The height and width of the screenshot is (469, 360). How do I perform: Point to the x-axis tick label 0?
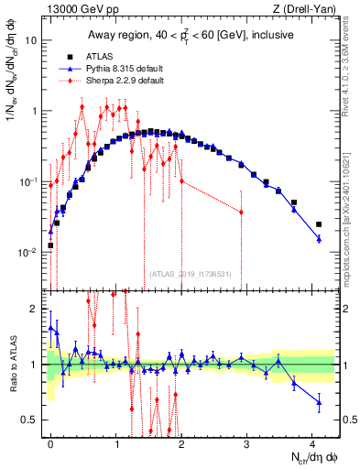(50, 443)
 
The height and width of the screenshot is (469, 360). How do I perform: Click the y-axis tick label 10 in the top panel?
(31, 41)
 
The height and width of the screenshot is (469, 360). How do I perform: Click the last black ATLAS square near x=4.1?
(319, 224)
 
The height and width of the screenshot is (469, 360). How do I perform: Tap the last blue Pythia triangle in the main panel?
(319, 239)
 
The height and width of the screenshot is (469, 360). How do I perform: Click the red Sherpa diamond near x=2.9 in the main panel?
(241, 212)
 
